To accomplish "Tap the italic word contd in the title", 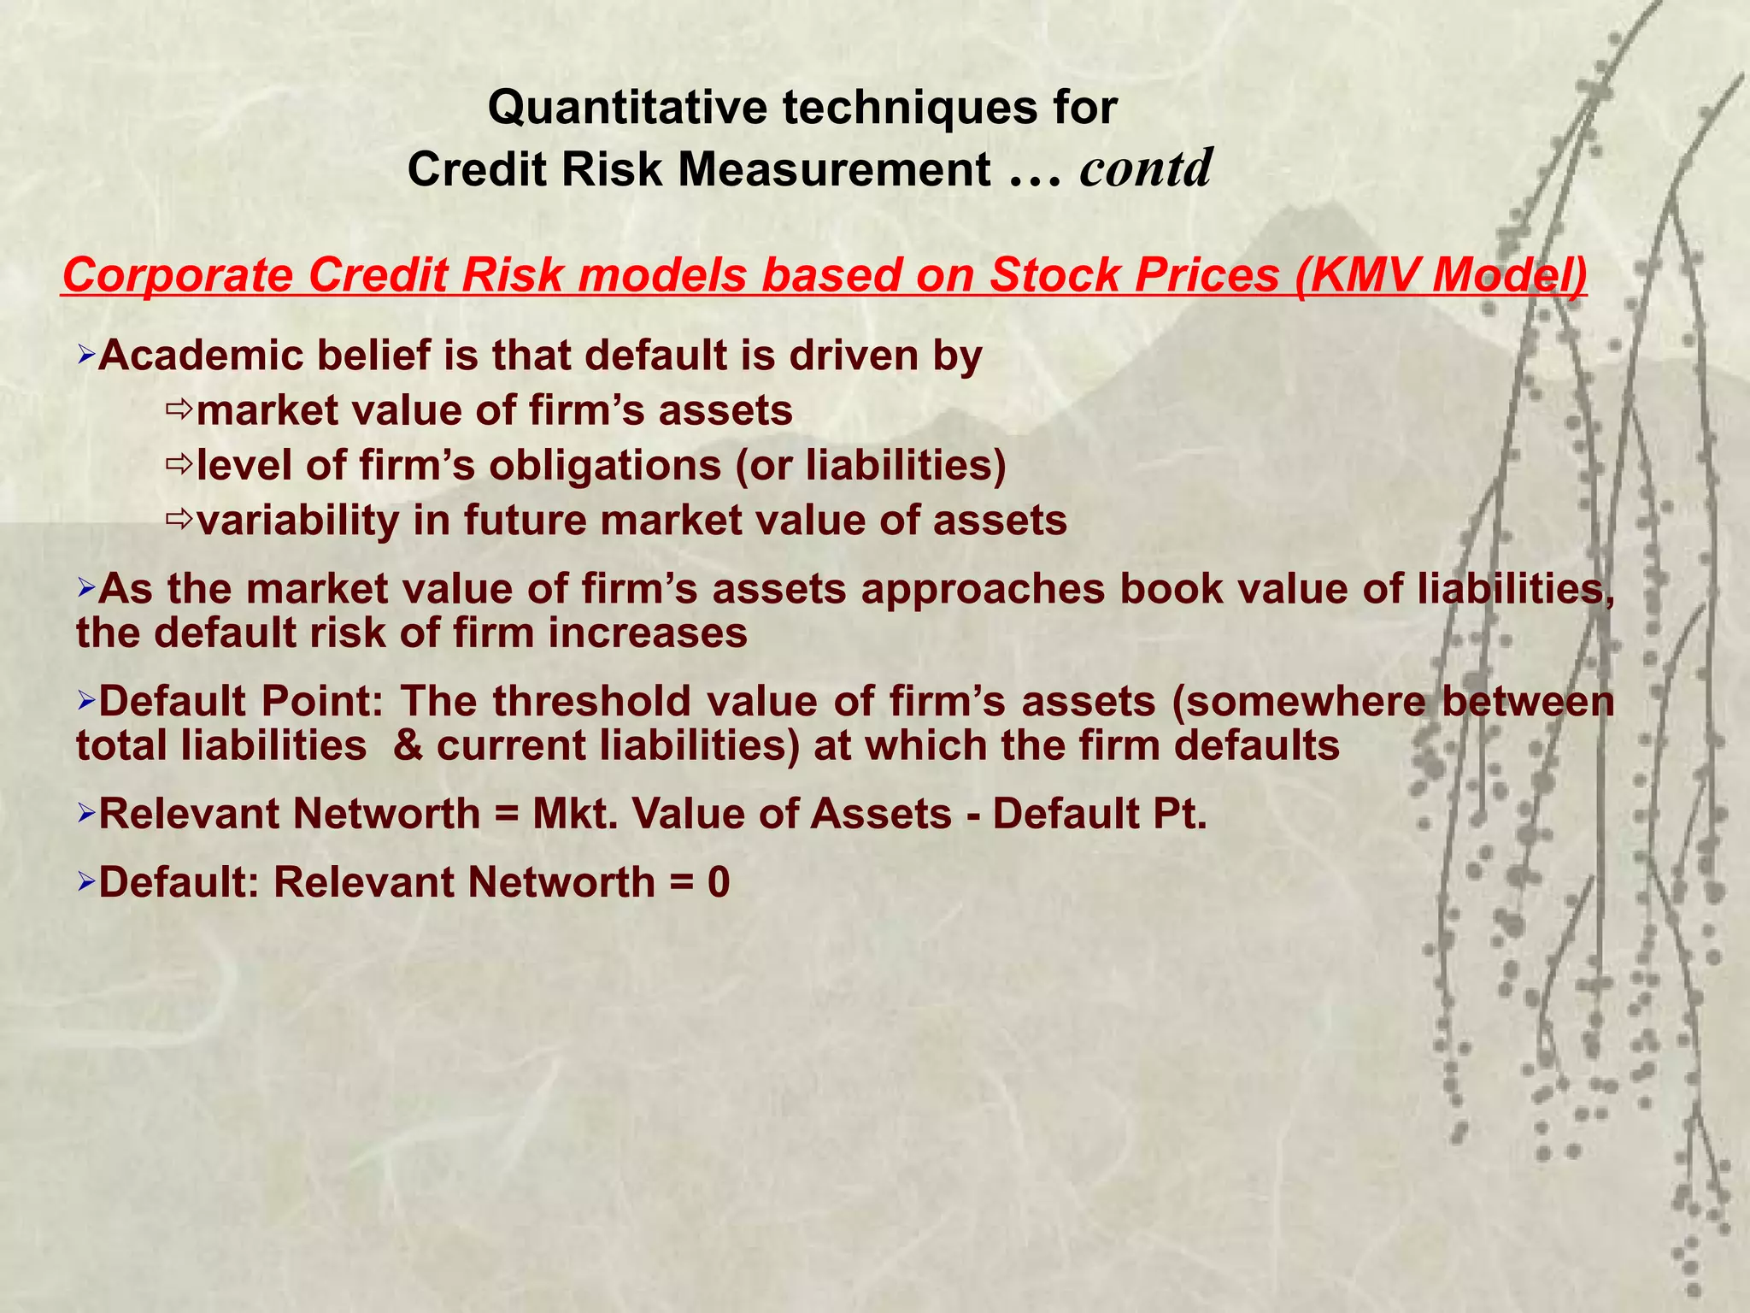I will pyautogui.click(x=1145, y=168).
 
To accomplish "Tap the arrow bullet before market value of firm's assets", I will pyautogui.click(x=179, y=410).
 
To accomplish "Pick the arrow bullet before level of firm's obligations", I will pyautogui.click(x=179, y=465).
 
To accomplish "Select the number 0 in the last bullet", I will pyautogui.click(x=719, y=882).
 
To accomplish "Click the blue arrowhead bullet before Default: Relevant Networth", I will pyautogui.click(x=85, y=881).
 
